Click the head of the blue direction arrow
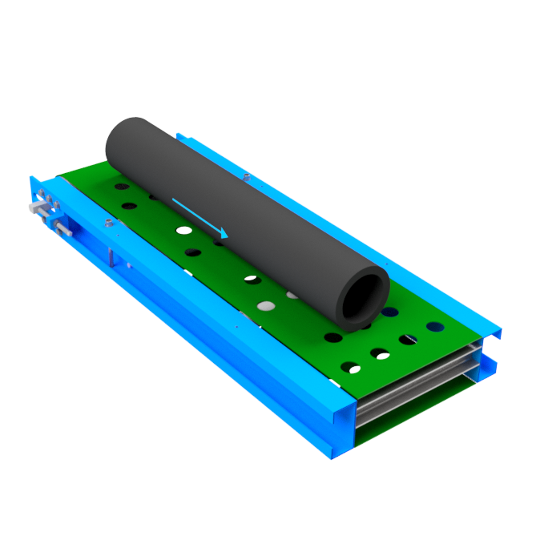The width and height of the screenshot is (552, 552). point(224,235)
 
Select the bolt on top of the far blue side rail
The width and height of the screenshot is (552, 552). point(246,176)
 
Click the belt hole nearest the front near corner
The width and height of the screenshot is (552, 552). point(351,368)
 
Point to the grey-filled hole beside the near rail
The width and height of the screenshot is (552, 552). point(264,306)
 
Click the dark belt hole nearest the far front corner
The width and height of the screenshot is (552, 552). point(435,327)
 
